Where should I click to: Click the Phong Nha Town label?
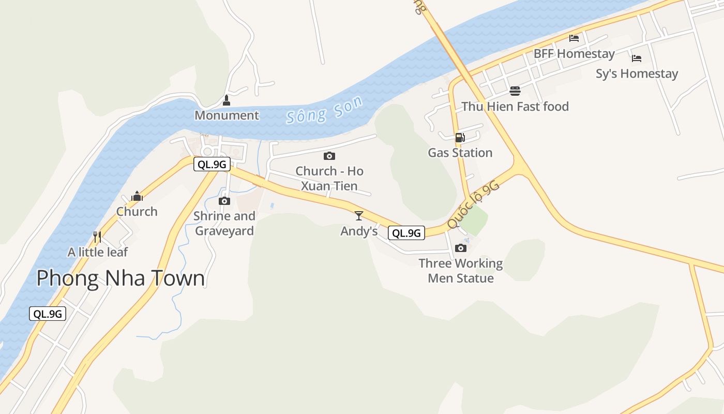[120, 278]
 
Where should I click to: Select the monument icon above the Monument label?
[226, 100]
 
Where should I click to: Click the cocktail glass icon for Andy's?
[359, 216]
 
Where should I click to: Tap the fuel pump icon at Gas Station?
[460, 138]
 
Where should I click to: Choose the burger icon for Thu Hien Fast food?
[515, 91]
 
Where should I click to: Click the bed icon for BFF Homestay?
[574, 38]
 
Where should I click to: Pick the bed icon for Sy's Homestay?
[637, 58]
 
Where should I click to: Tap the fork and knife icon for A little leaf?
[97, 237]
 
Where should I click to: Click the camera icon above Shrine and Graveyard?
[224, 201]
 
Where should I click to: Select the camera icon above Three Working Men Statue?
[460, 248]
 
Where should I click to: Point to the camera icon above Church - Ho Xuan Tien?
[329, 156]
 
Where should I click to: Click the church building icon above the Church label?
[137, 196]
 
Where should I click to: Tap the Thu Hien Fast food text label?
[515, 107]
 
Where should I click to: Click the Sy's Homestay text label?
[637, 73]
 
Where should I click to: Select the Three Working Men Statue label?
[460, 271]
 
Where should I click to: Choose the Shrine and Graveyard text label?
[224, 223]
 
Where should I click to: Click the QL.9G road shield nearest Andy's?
[406, 233]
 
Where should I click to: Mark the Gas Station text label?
[460, 153]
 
